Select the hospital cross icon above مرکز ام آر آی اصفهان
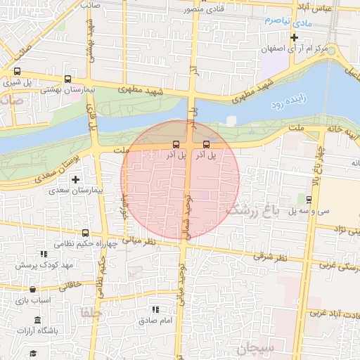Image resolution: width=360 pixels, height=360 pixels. tap(294, 37)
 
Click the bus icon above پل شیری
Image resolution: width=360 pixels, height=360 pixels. tap(17, 71)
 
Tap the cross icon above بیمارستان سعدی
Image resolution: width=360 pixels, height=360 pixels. tap(75, 179)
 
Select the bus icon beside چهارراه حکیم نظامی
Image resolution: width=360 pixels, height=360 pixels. tap(85, 233)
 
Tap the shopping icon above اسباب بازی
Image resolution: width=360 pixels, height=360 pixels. tap(32, 288)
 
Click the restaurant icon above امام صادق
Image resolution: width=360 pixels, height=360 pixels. tap(155, 309)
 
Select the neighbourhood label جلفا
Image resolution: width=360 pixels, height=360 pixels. tap(92, 311)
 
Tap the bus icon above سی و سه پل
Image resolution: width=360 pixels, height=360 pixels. tap(310, 200)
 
